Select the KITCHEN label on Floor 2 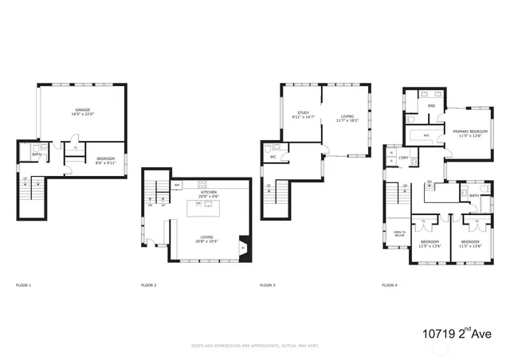pos(209,192)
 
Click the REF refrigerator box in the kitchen pos(177,185)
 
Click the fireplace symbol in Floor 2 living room pos(243,248)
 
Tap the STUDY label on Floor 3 pos(303,113)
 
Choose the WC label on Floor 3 pos(273,156)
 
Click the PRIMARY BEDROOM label pos(470,131)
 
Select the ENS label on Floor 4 pos(431,105)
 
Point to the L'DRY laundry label pos(403,158)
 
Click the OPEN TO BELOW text pos(398,234)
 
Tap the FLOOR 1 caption pos(24,284)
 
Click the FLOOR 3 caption pos(268,284)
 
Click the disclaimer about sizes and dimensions pos(254,346)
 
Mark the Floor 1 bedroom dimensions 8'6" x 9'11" pos(106,163)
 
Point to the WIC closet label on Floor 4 pos(426,135)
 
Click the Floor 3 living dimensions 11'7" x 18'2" pos(347,121)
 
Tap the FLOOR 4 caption pos(390,284)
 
